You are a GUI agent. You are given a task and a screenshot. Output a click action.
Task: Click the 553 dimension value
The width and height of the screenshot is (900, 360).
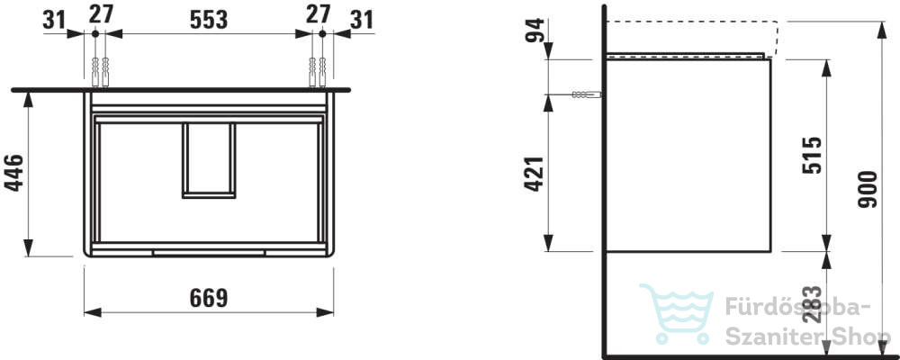click(209, 20)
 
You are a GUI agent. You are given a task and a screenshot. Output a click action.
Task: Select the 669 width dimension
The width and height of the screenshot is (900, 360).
click(209, 298)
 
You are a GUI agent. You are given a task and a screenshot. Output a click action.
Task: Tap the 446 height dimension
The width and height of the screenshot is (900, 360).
click(13, 173)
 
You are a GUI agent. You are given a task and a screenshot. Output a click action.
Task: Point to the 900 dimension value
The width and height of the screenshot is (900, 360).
click(868, 190)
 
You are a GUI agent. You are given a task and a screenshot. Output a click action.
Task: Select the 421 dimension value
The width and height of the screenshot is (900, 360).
click(535, 174)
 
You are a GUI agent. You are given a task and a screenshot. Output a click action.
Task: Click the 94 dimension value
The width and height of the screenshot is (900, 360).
click(535, 30)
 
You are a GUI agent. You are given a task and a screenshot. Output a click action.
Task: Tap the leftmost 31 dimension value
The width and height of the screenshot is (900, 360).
click(55, 20)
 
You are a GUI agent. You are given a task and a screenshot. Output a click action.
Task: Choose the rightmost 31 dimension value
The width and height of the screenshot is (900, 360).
click(362, 20)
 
